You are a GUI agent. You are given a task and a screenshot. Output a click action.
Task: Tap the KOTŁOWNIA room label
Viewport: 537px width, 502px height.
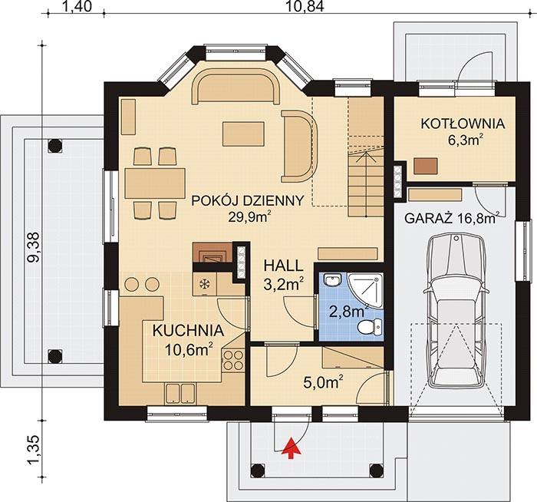463,124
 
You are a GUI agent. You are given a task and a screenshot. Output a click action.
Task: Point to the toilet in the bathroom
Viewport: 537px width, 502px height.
370,326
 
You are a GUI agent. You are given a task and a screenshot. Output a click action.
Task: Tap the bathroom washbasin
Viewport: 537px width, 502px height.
331,280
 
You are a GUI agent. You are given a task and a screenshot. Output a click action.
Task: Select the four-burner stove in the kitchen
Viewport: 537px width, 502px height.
233,361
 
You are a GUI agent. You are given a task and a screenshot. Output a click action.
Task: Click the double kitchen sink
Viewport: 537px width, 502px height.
180,393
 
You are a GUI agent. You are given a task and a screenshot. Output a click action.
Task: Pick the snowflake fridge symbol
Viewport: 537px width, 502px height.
205,284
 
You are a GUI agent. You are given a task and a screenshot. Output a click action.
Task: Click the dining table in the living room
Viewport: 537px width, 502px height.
155,183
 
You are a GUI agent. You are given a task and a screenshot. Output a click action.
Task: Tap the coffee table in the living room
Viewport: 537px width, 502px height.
243,134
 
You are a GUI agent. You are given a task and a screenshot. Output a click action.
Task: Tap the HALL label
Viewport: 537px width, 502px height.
283,266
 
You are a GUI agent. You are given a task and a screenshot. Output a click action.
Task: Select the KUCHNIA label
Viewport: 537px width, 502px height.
188,331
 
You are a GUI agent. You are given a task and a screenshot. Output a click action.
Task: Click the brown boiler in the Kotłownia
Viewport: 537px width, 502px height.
426,166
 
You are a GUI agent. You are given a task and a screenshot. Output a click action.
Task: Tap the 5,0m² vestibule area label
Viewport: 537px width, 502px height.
324,382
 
